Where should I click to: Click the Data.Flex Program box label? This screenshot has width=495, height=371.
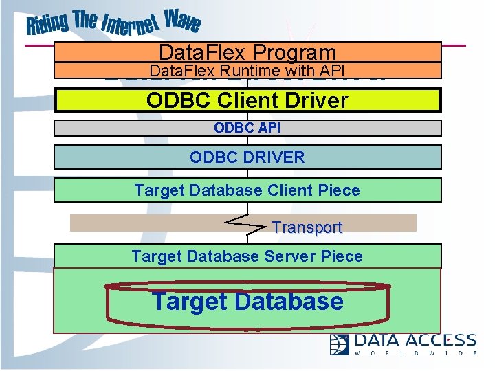(247, 52)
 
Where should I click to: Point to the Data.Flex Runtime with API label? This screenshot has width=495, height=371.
(247, 70)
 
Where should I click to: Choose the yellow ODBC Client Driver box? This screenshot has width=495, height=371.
(247, 100)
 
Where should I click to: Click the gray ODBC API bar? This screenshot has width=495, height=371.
(247, 128)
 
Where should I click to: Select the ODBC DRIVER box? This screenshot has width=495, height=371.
(247, 157)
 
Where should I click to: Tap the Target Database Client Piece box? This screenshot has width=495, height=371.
(247, 190)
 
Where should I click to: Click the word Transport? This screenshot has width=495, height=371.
(307, 227)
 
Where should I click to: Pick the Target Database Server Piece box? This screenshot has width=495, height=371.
(247, 256)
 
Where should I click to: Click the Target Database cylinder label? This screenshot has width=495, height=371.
(247, 301)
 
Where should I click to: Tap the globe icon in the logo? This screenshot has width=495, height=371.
(340, 344)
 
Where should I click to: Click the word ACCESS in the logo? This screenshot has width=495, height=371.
(440, 340)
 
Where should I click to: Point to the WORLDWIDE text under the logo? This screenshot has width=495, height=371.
(416, 353)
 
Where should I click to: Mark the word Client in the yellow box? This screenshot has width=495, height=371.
(251, 100)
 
